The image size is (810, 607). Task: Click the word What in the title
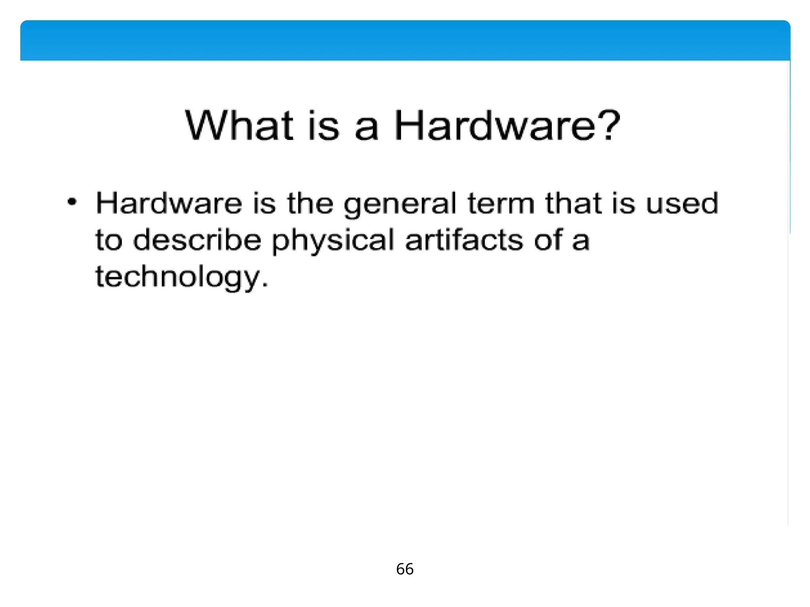[x=239, y=126]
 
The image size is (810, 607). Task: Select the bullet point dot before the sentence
[x=72, y=202]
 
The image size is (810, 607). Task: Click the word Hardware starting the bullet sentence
[x=169, y=203]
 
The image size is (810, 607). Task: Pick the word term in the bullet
[x=501, y=203]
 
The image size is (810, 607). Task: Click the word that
[x=574, y=203]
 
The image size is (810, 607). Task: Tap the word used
[x=682, y=203]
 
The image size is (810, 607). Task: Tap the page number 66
[x=405, y=569]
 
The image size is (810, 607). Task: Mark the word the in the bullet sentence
[x=310, y=203]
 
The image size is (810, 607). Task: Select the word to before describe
[x=109, y=240]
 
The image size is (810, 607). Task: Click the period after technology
[x=265, y=285]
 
